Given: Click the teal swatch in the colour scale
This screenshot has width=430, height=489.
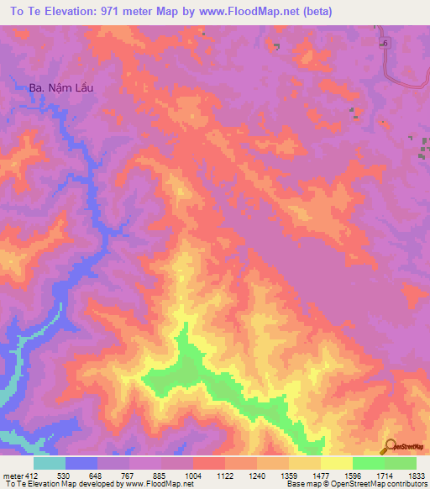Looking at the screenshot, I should (49, 463).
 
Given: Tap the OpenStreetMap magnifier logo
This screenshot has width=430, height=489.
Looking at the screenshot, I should (389, 446).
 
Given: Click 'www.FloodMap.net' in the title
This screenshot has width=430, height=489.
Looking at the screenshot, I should (253, 12).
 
